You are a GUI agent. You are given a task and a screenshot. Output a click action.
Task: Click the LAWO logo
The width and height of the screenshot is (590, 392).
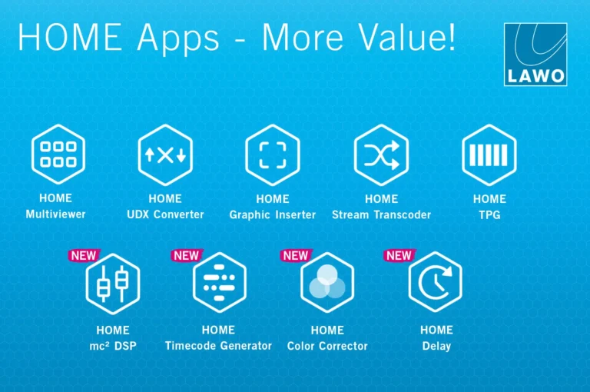click(x=535, y=54)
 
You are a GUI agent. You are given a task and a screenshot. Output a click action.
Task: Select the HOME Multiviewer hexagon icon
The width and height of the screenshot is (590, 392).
click(x=58, y=154)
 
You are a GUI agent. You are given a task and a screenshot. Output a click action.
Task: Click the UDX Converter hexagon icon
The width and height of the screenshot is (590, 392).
click(x=165, y=154)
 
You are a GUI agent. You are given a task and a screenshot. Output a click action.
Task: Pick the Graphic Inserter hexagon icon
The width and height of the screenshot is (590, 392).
click(x=272, y=154)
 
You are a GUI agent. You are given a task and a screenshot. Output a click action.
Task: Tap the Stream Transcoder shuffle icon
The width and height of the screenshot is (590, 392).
click(x=381, y=154)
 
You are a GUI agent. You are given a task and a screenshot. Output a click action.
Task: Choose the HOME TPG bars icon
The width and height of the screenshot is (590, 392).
click(x=489, y=154)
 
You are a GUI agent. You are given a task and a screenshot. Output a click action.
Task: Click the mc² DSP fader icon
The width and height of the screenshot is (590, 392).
click(x=113, y=284)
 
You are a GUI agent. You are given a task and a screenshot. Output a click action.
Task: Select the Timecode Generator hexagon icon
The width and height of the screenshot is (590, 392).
click(x=219, y=284)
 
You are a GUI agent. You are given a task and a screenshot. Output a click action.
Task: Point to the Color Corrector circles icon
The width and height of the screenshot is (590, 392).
click(x=327, y=284)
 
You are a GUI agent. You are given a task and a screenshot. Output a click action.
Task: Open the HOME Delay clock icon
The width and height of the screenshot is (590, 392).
click(x=435, y=284)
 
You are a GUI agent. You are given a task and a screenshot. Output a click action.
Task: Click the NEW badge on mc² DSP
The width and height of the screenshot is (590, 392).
click(x=84, y=255)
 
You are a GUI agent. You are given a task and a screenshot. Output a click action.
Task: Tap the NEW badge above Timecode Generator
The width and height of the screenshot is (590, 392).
click(x=186, y=255)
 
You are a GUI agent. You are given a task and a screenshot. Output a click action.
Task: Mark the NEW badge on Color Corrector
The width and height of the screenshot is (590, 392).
click(x=295, y=255)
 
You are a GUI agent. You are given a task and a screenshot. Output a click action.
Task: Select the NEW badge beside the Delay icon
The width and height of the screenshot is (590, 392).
click(x=399, y=255)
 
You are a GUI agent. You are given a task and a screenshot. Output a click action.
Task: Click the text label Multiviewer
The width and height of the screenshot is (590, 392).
click(x=55, y=214)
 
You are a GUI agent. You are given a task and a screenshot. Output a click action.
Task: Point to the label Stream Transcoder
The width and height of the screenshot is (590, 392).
click(x=381, y=215)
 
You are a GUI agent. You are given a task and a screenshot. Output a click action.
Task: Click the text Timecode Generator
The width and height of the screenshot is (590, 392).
click(x=218, y=346)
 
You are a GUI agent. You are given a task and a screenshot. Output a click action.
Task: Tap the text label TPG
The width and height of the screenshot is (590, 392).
click(x=489, y=215)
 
